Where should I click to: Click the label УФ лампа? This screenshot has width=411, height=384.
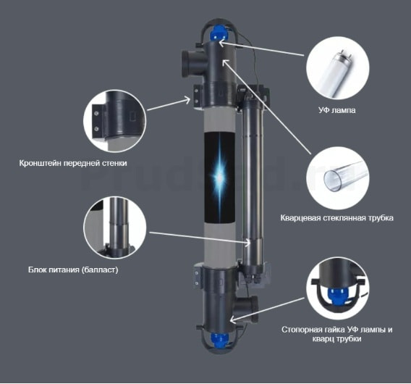pos(336,110)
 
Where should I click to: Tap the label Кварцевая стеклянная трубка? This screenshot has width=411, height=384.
pos(336,218)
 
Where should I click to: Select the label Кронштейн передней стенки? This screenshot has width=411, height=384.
pos(73,163)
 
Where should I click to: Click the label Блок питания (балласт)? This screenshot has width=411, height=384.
pos(73,270)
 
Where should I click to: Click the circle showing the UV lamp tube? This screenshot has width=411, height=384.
pos(338,68)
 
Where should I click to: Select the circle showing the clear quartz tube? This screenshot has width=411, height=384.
pos(338,178)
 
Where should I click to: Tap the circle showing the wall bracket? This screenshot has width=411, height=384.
pos(114,121)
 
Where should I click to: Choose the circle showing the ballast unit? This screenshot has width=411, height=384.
pos(114,228)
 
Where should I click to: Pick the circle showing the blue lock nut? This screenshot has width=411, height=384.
pos(338,288)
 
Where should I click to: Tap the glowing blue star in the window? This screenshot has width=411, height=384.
pos(220,178)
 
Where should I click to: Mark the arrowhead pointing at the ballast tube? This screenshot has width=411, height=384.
pos(247,243)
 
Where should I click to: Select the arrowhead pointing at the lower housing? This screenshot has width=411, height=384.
pos(233,320)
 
